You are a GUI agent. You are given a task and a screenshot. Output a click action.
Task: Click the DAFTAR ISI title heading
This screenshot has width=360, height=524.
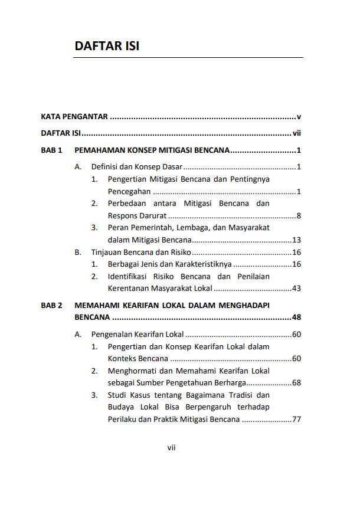click(x=107, y=46)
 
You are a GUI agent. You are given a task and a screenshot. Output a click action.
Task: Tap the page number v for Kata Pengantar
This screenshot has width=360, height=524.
click(x=299, y=117)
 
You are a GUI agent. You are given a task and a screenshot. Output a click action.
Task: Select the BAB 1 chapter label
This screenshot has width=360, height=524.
click(x=52, y=150)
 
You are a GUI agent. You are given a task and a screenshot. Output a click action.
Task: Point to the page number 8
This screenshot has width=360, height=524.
click(x=299, y=215)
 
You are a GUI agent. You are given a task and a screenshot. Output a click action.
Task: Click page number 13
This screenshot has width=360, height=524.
click(x=297, y=240)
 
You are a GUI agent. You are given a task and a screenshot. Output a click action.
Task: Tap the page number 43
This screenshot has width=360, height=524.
click(x=297, y=289)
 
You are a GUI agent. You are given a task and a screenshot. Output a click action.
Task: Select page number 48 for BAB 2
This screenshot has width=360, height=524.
click(x=297, y=317)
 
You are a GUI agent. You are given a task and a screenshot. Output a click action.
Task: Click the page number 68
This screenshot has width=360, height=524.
click(x=297, y=383)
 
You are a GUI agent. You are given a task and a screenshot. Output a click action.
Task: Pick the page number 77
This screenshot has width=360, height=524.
click(x=297, y=420)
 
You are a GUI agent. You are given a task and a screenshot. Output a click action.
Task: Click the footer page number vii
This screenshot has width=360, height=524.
click(x=172, y=447)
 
